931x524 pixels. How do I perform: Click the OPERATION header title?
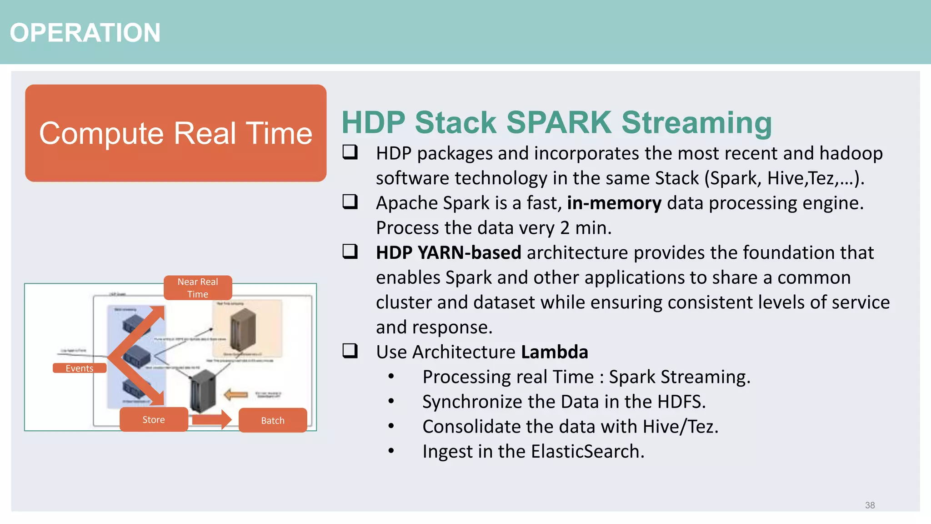(85, 33)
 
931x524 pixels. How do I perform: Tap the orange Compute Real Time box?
(175, 133)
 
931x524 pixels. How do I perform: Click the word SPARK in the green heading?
(559, 123)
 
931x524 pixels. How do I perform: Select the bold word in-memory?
(614, 203)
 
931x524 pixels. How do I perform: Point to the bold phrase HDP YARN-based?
(448, 253)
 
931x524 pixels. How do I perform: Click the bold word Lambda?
(554, 352)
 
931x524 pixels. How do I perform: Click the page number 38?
(870, 505)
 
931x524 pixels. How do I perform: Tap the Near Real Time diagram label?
(198, 288)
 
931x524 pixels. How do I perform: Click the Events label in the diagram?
(80, 368)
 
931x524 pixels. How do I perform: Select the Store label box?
(154, 419)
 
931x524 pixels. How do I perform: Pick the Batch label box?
(273, 420)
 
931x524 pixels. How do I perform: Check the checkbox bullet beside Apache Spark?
(350, 202)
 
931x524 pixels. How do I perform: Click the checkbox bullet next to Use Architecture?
(350, 351)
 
